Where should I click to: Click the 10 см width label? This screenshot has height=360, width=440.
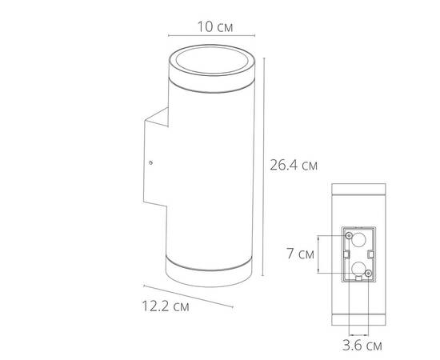tap(214, 26)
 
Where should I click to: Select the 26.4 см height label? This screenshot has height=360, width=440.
tap(294, 166)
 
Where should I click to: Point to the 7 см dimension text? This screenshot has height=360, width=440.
tap(300, 254)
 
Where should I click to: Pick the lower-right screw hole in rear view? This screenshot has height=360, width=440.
tap(367, 274)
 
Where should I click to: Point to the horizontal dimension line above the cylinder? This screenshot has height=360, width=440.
tap(212, 36)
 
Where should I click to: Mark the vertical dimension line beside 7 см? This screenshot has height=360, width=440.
tap(320, 254)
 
